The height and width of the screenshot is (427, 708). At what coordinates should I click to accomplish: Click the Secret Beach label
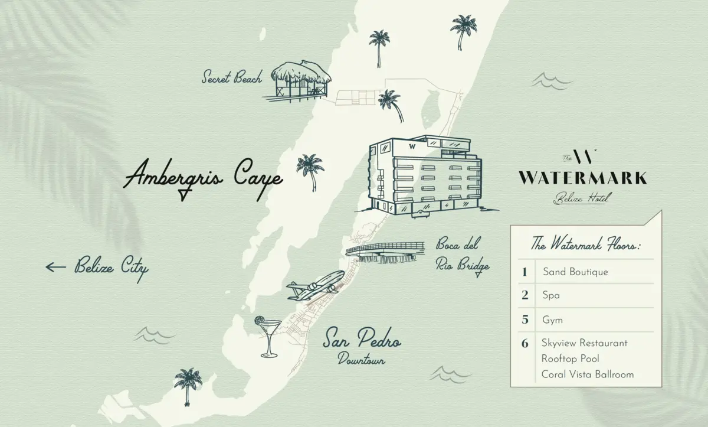point(231,77)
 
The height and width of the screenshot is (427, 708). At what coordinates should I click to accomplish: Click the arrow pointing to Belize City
point(56,267)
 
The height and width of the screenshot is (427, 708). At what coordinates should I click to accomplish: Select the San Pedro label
point(362,341)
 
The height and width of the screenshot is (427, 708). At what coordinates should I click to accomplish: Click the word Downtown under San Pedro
point(361,358)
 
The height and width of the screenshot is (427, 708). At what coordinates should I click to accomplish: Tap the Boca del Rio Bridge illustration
point(385,252)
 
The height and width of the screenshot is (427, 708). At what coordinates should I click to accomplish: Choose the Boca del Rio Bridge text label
point(462,255)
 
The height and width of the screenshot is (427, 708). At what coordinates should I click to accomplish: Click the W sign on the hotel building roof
point(411,145)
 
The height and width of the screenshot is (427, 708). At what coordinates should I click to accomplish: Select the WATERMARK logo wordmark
point(582,178)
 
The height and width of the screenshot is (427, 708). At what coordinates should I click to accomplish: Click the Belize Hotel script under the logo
point(581,198)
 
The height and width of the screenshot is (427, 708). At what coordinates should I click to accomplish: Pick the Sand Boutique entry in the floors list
point(575,272)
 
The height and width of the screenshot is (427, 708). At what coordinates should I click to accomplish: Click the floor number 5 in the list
point(525,320)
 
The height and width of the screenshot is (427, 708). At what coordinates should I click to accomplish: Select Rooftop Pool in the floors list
point(570,358)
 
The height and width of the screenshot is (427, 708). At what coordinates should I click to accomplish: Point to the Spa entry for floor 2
point(551,296)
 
